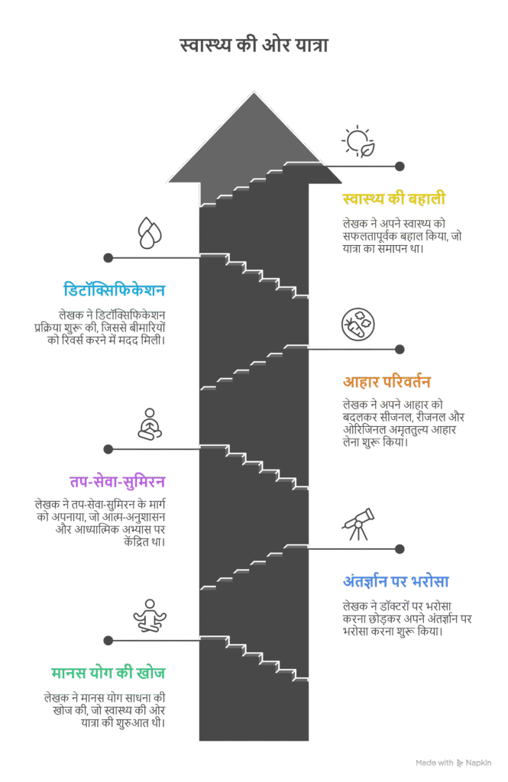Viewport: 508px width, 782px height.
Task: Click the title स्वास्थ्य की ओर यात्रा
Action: click(254, 45)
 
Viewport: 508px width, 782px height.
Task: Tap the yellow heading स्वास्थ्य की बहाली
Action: click(393, 199)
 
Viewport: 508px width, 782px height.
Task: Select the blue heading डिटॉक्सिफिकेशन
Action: click(115, 290)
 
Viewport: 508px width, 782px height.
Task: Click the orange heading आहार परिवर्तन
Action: click(387, 382)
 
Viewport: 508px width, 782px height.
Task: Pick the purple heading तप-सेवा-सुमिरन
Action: click(118, 482)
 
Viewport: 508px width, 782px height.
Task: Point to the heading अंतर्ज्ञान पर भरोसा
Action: click(396, 581)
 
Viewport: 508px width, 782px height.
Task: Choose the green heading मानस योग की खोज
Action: click(108, 674)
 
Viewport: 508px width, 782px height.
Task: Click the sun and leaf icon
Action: click(358, 142)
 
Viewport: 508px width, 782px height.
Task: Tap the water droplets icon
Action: click(150, 233)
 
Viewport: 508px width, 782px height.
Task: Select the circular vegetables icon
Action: click(358, 325)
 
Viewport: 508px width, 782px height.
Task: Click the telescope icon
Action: click(358, 524)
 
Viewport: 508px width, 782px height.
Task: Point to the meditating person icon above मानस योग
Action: click(150, 616)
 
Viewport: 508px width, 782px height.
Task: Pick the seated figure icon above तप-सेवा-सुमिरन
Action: click(150, 425)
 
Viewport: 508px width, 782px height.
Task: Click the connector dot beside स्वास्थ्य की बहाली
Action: click(400, 166)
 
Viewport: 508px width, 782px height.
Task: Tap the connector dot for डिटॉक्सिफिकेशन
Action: click(108, 258)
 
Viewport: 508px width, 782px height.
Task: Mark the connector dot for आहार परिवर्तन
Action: click(400, 350)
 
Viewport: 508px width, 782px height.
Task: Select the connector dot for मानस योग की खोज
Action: click(108, 641)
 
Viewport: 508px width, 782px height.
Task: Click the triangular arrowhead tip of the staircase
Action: click(254, 92)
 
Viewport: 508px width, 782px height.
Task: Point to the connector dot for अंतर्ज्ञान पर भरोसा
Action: click(400, 549)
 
